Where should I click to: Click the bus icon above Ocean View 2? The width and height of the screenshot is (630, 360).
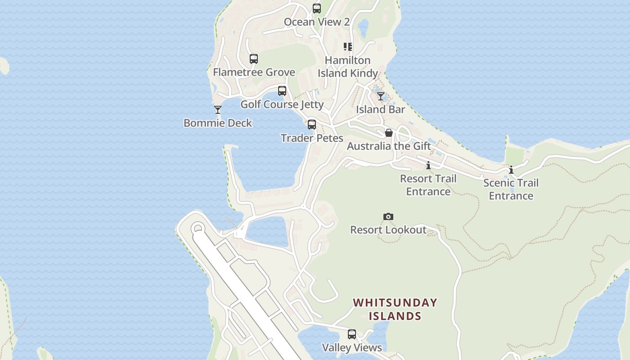click(317, 9)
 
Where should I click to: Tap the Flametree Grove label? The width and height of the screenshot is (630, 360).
click(254, 72)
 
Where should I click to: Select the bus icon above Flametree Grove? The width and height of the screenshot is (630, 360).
click(254, 59)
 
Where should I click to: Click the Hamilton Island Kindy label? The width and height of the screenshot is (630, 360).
click(348, 67)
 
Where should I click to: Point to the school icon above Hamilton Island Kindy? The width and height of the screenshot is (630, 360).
click(348, 47)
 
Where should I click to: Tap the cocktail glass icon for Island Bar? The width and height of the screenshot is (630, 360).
click(381, 96)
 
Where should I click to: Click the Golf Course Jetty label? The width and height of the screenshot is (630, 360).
click(282, 104)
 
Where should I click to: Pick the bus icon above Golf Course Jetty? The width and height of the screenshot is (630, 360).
click(282, 91)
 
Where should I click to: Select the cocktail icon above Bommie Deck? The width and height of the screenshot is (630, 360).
click(218, 110)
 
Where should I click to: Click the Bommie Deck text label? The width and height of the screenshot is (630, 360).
click(218, 123)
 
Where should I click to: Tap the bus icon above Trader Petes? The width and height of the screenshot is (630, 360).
click(312, 125)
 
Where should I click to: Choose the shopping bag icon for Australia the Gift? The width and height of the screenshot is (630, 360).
click(389, 133)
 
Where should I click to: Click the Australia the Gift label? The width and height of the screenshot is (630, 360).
click(389, 146)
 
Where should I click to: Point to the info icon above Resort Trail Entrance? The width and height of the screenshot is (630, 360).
click(428, 165)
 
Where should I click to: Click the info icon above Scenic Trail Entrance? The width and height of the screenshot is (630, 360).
click(511, 170)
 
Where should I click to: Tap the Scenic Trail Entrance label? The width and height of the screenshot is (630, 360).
click(511, 189)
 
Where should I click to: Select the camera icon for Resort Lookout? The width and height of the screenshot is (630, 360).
click(388, 217)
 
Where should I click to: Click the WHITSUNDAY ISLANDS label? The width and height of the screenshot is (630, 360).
click(395, 309)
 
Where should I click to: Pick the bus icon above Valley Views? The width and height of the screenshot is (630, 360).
click(352, 334)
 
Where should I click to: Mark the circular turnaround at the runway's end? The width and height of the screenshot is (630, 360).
click(197, 229)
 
